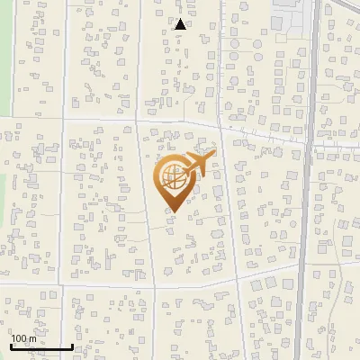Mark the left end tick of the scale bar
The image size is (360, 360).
pyautogui.click(x=12, y=346)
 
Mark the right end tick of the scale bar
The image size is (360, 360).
pyautogui.click(x=73, y=346)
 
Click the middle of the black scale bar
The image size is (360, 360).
pyautogui.click(x=42, y=347)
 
